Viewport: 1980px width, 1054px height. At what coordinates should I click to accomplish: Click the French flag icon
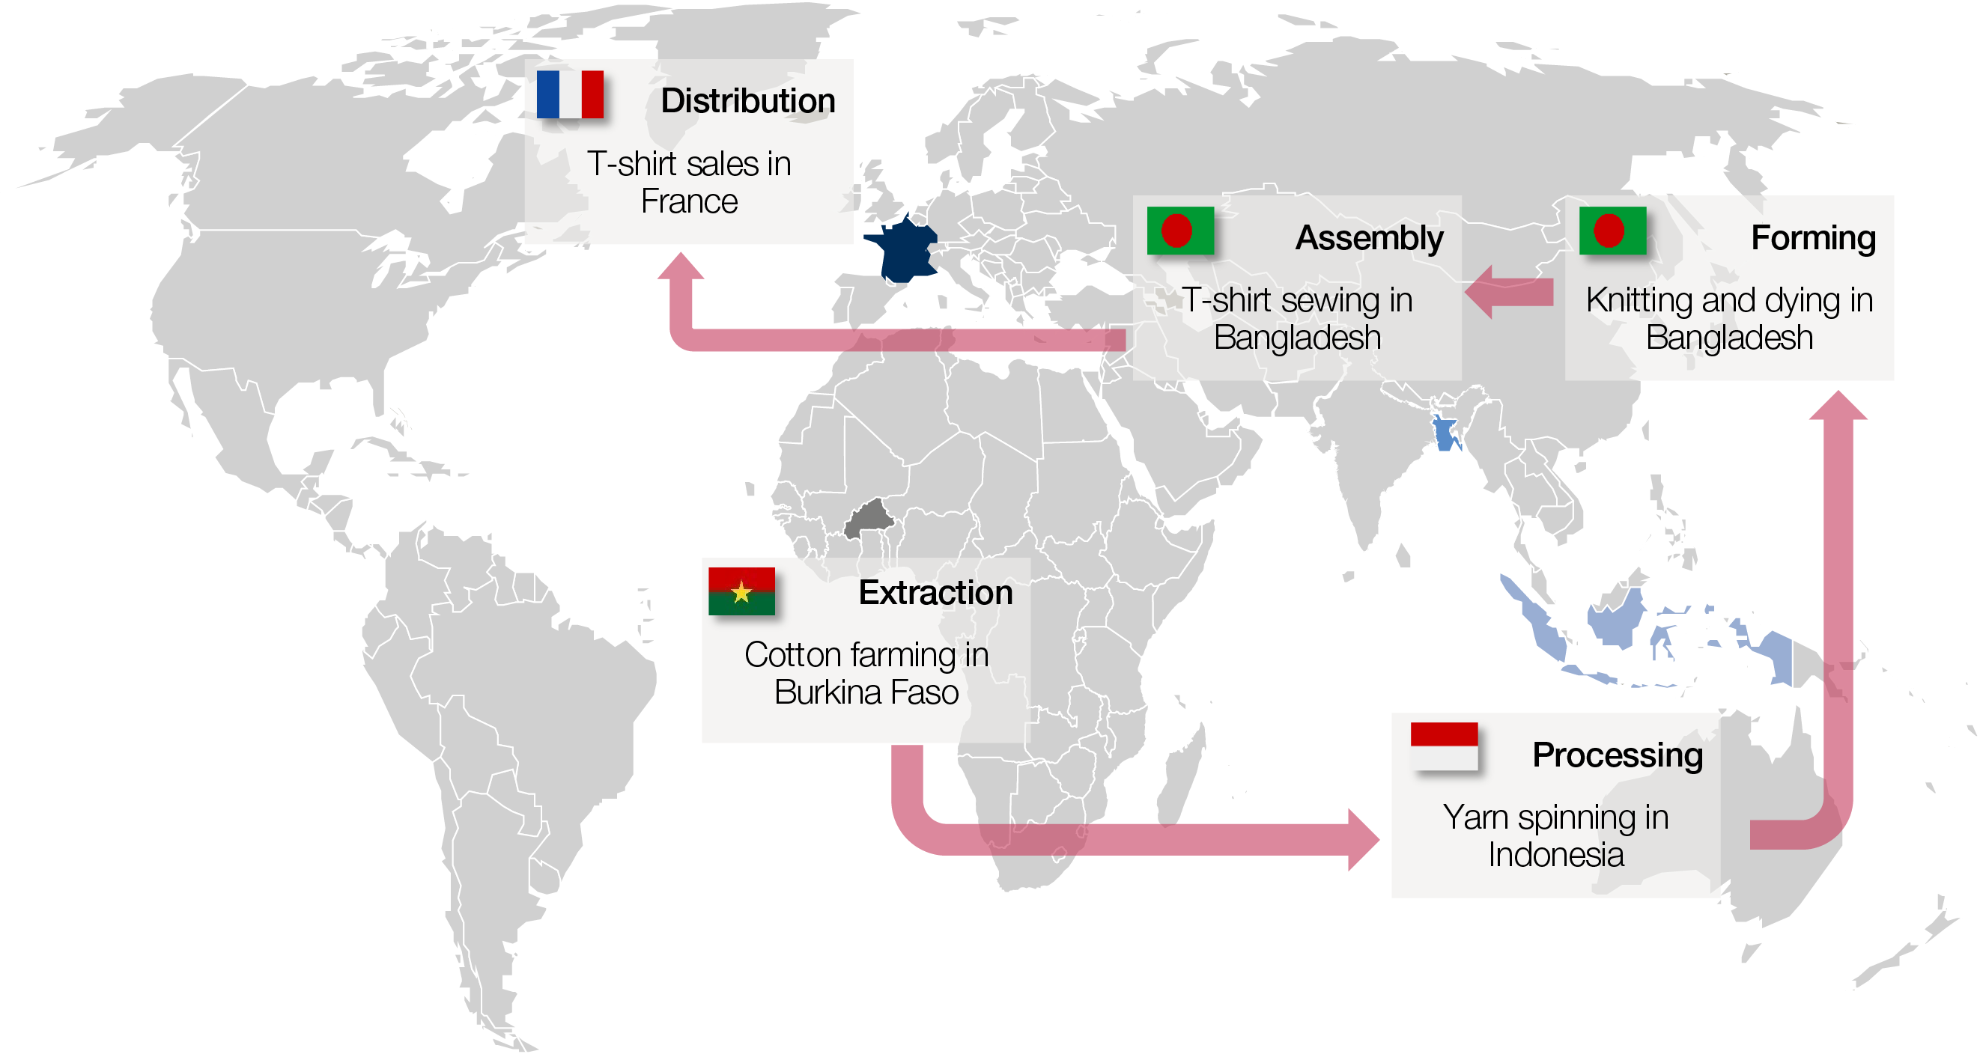pyautogui.click(x=570, y=94)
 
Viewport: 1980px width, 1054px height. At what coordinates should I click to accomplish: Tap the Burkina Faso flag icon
pyautogui.click(x=741, y=591)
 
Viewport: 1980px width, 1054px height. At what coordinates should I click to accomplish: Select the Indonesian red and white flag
pyautogui.click(x=1444, y=745)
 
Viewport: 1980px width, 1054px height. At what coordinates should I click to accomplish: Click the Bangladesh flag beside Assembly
pyautogui.click(x=1180, y=231)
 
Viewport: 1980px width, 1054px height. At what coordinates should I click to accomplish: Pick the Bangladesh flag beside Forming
pyautogui.click(x=1612, y=231)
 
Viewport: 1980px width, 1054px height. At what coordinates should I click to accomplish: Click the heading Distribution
pyautogui.click(x=747, y=101)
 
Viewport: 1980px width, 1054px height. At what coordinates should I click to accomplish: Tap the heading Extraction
pyautogui.click(x=935, y=593)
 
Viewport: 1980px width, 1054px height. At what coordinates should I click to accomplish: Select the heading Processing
pyautogui.click(x=1617, y=755)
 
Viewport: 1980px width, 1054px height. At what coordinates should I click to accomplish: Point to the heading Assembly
pyautogui.click(x=1368, y=238)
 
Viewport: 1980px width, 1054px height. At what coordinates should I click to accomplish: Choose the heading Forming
pyautogui.click(x=1812, y=238)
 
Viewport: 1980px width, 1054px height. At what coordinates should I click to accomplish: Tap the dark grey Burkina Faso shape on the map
pyautogui.click(x=869, y=519)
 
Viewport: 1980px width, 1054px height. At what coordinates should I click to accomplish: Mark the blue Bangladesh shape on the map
pyautogui.click(x=1445, y=433)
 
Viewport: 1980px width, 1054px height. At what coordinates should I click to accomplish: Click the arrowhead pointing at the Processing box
pyautogui.click(x=1363, y=840)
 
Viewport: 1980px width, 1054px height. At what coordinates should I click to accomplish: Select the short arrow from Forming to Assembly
pyautogui.click(x=1508, y=293)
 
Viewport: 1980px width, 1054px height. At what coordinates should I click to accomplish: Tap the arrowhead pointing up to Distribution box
pyautogui.click(x=680, y=267)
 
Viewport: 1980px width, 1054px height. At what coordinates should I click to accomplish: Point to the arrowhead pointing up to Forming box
pyautogui.click(x=1838, y=407)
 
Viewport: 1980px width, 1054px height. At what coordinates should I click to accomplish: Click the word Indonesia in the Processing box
pyautogui.click(x=1555, y=855)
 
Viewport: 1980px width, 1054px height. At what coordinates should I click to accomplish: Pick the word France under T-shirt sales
pyautogui.click(x=689, y=202)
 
